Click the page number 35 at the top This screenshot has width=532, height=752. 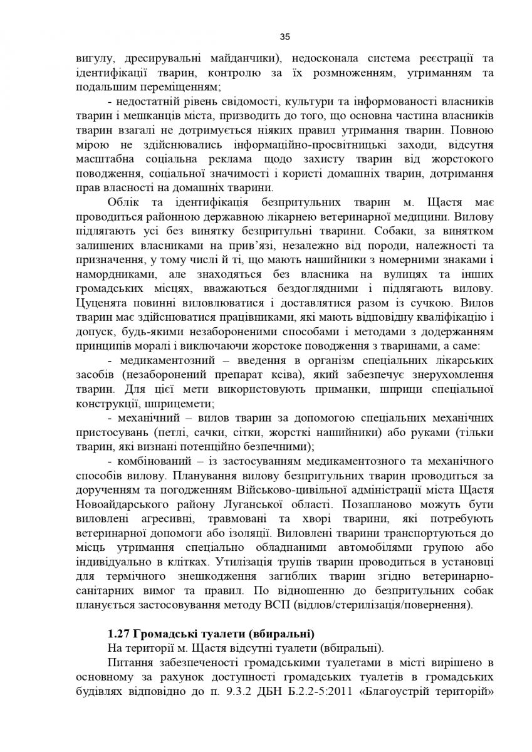266,37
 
